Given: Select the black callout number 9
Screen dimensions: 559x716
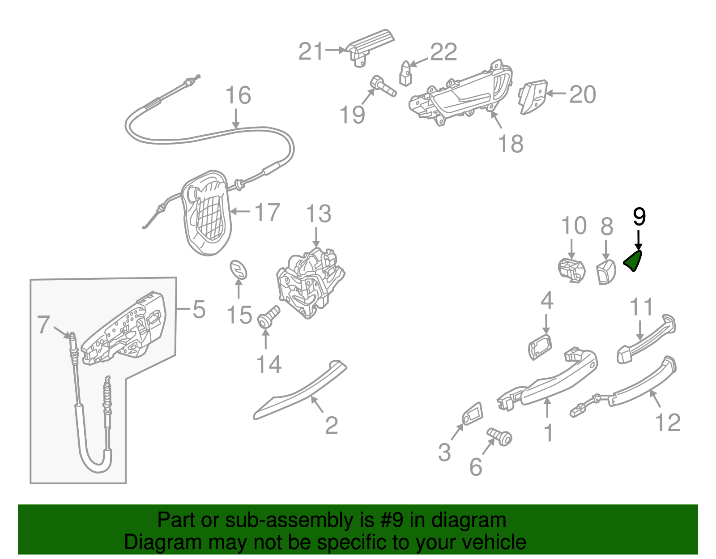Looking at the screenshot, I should [639, 217].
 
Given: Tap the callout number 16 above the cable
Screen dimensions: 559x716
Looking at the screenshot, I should [238, 95].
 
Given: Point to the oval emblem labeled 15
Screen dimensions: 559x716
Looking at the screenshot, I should [239, 270].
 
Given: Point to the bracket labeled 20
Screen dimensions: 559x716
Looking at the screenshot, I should [533, 97].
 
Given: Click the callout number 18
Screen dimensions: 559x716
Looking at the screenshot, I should [511, 144].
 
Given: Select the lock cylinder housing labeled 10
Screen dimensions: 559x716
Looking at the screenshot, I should [571, 270].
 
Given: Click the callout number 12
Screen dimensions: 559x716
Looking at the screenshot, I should [667, 422].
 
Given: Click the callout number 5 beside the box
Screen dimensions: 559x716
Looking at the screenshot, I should [199, 309].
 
